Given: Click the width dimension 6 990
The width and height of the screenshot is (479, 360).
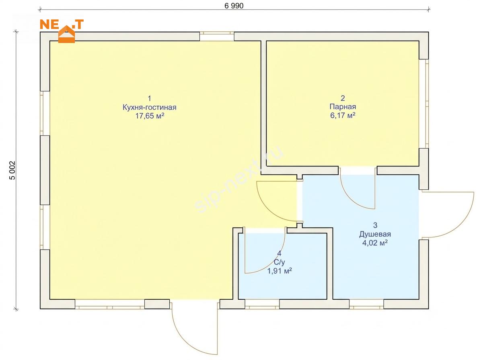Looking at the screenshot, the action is [x=234, y=6].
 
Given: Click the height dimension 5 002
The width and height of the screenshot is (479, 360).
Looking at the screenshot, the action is [x=12, y=170].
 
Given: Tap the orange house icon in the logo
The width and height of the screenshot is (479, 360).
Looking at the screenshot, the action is [x=67, y=33].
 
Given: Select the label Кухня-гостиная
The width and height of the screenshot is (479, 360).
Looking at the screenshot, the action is [x=149, y=107].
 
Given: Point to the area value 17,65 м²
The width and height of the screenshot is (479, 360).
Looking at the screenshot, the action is [x=150, y=116].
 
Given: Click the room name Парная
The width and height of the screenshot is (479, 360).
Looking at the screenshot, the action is [x=343, y=107].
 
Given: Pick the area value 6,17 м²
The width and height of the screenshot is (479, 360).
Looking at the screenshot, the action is [x=343, y=115].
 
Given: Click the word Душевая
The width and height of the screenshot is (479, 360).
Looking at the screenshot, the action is [x=375, y=234].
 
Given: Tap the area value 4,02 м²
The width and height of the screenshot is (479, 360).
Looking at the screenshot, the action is [x=375, y=243].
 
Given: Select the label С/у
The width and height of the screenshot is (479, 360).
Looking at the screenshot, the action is [x=279, y=262].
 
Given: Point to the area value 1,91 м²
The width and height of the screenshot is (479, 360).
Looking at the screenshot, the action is [x=280, y=271].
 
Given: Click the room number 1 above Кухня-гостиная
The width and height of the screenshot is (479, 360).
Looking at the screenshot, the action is [x=149, y=98].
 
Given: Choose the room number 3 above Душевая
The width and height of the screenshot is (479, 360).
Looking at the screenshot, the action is [x=375, y=225].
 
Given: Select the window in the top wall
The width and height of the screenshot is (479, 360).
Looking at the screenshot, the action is [x=217, y=37].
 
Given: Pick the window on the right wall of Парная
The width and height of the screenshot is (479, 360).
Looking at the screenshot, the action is [x=424, y=104].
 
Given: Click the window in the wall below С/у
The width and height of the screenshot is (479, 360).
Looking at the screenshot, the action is [x=262, y=304].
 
